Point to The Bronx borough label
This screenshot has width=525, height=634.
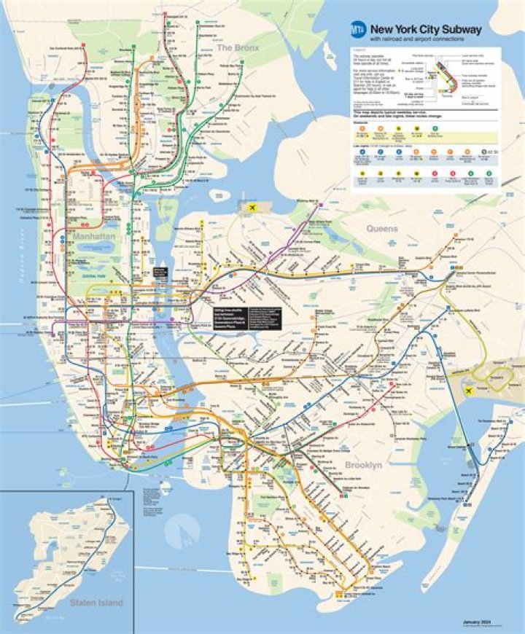point(235,47)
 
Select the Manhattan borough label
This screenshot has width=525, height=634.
point(94,237)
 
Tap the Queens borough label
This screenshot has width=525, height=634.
point(382,229)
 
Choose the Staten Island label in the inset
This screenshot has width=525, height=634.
point(96,603)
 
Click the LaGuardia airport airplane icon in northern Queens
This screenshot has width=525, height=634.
point(253,207)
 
